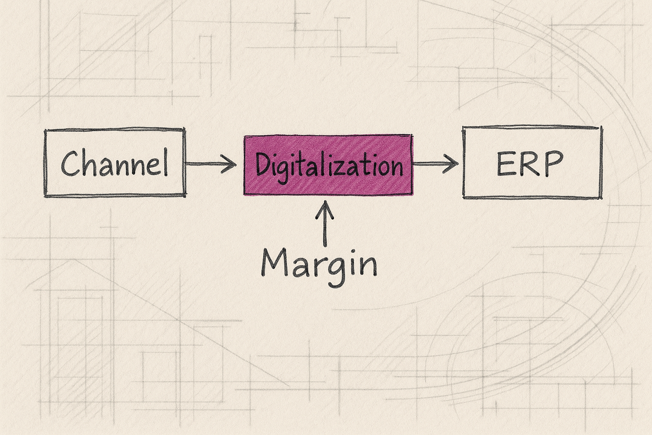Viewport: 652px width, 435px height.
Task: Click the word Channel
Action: tap(114, 163)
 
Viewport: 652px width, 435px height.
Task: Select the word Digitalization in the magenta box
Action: tap(329, 167)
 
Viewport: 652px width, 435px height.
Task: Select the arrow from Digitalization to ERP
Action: tap(436, 164)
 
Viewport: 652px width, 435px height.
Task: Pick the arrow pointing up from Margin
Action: tap(325, 223)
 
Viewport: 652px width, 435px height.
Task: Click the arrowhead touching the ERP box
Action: tap(450, 164)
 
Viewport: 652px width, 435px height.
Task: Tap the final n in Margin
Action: tap(369, 267)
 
